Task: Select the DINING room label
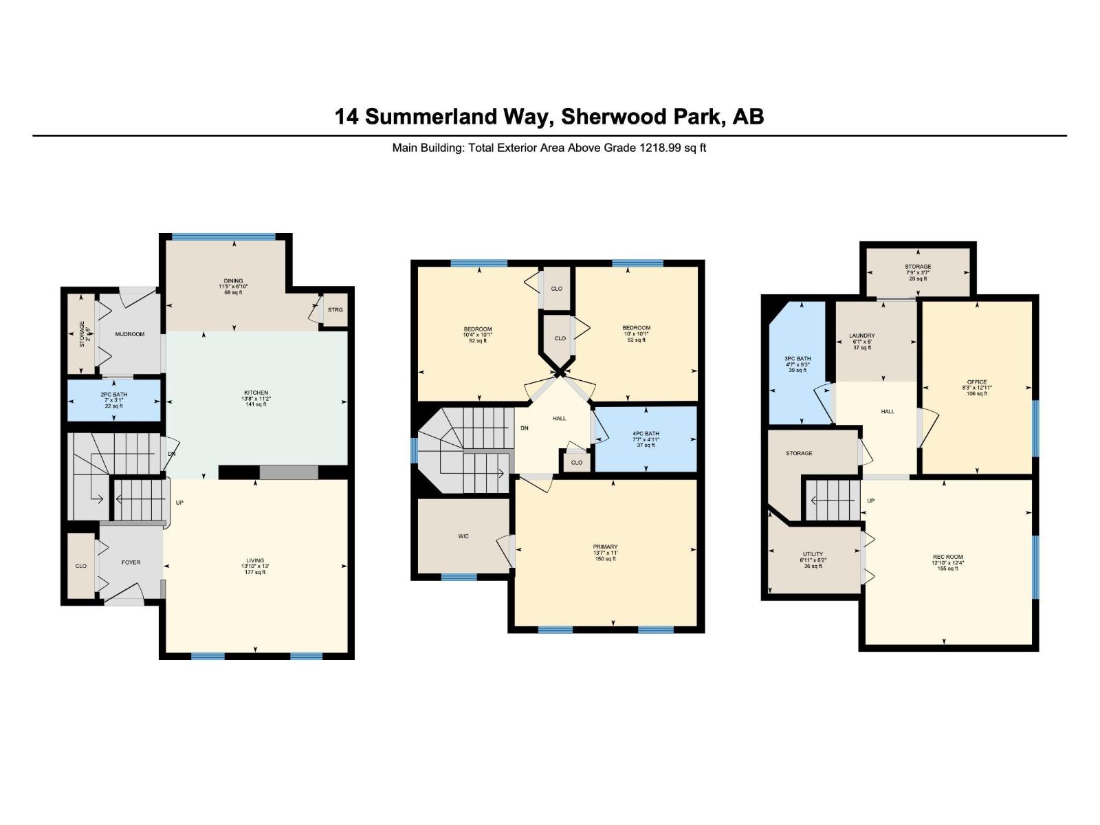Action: pyautogui.click(x=231, y=280)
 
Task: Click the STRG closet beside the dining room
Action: pyautogui.click(x=335, y=310)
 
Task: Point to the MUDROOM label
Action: pyautogui.click(x=129, y=334)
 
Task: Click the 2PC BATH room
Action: pyautogui.click(x=113, y=400)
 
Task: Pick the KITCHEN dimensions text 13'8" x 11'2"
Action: pyautogui.click(x=255, y=399)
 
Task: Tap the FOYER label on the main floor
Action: pyautogui.click(x=131, y=562)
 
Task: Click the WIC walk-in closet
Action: pyautogui.click(x=463, y=536)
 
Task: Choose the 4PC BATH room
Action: pyautogui.click(x=646, y=439)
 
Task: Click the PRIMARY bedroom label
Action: pyautogui.click(x=606, y=547)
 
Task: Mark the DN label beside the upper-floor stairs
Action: pyautogui.click(x=525, y=428)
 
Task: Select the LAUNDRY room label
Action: pyautogui.click(x=861, y=335)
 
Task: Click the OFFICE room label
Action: pyautogui.click(x=976, y=382)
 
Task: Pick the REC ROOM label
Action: pyautogui.click(x=947, y=557)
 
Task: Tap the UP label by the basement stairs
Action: pyautogui.click(x=870, y=500)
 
